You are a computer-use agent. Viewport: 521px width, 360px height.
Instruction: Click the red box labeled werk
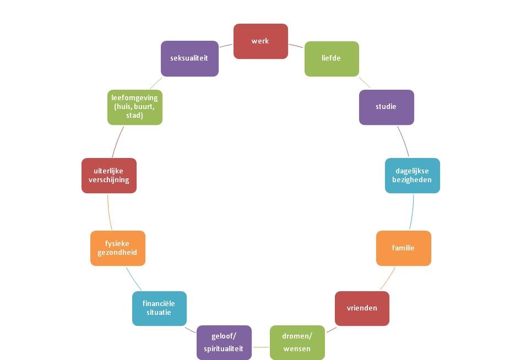[260, 41]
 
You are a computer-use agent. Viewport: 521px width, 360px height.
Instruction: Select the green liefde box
[332, 58]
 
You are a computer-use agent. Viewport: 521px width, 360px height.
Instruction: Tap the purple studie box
[386, 107]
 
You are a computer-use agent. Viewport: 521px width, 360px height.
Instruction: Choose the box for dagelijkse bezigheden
[412, 176]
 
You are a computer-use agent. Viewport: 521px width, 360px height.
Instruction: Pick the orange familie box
[403, 248]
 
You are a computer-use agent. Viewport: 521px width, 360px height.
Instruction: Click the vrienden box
[362, 308]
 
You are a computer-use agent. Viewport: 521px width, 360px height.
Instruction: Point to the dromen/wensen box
[297, 342]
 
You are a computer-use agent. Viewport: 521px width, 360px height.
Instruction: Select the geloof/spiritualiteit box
[224, 342]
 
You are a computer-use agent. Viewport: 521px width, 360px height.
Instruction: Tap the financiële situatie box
[159, 308]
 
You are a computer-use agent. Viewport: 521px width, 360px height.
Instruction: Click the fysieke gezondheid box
[118, 248]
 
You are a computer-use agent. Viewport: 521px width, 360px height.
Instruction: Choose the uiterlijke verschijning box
[108, 176]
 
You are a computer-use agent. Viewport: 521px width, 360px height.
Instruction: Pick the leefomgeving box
[134, 107]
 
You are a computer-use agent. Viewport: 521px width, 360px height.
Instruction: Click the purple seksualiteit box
[189, 58]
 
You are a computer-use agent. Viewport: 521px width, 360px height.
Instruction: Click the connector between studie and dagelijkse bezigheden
[404, 141]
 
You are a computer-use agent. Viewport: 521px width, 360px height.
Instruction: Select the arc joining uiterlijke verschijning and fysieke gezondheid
[109, 212]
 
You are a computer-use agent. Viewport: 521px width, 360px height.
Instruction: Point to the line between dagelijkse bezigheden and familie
[411, 212]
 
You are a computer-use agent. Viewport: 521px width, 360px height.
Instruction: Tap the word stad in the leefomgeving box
[134, 116]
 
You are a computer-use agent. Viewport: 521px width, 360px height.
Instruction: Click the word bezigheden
[412, 180]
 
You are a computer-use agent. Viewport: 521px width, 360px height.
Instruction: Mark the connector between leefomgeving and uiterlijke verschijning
[117, 141]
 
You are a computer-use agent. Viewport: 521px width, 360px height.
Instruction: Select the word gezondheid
[118, 253]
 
